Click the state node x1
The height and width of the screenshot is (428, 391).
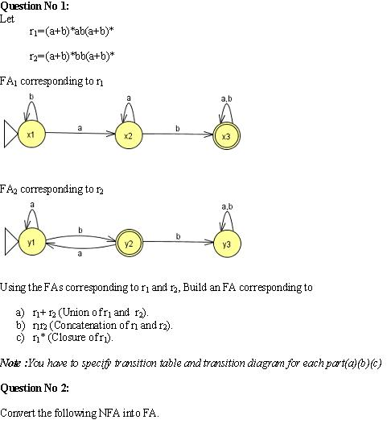(x=31, y=135)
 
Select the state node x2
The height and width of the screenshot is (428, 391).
(x=129, y=135)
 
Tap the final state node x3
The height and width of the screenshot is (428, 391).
(x=226, y=136)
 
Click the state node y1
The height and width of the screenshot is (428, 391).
(x=31, y=241)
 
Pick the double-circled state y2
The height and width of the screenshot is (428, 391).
(x=129, y=242)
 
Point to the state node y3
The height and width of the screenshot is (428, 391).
(x=226, y=243)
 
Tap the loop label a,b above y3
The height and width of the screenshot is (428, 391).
(x=226, y=206)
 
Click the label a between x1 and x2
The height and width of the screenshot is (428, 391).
(x=80, y=127)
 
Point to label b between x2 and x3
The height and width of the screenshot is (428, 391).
(x=177, y=127)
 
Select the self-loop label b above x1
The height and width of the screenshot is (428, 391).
(x=31, y=98)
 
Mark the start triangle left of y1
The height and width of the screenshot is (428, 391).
(x=10, y=241)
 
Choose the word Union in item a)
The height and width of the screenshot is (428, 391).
(x=75, y=311)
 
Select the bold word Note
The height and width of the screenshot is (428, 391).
(x=10, y=363)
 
